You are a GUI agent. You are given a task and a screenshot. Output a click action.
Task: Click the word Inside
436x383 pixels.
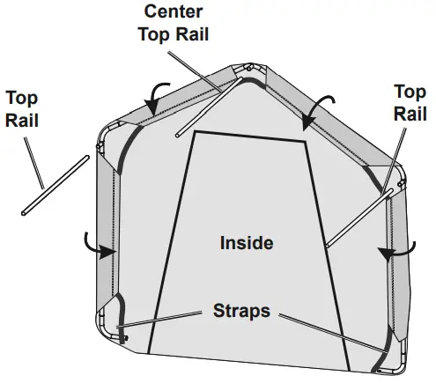click(247, 243)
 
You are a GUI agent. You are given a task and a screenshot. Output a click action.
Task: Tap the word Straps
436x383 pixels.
click(241, 311)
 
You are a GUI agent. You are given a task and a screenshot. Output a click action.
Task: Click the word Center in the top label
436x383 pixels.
click(174, 11)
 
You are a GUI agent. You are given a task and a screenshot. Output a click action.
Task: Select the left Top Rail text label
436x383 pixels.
click(22, 109)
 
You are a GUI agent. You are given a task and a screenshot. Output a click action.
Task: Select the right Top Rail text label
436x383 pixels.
click(410, 102)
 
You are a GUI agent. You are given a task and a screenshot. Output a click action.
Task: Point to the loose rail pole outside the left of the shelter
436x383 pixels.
click(55, 186)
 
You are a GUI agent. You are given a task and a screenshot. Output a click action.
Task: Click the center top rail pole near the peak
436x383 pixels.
click(210, 107)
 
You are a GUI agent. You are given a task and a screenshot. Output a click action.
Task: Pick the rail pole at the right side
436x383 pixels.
click(359, 217)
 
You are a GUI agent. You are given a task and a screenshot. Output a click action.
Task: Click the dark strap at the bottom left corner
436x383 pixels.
click(122, 319)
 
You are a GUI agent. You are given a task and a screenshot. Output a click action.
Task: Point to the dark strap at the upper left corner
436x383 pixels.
click(126, 147)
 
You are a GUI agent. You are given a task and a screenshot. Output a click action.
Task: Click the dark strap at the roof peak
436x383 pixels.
click(255, 81)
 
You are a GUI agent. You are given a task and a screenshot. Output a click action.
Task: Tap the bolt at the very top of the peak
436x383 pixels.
click(249, 68)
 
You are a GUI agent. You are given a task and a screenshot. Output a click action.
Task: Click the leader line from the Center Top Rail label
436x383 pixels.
click(195, 71)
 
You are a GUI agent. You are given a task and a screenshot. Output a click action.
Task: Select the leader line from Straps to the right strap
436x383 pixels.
click(333, 333)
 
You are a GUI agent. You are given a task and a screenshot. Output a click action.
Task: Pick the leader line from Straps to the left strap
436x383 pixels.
click(159, 320)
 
